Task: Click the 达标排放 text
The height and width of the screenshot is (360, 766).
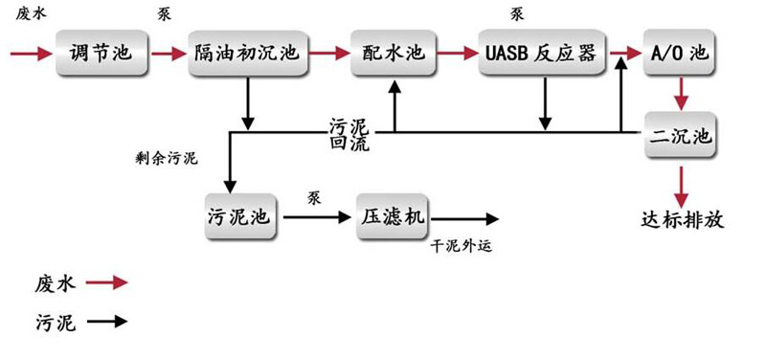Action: click(683, 219)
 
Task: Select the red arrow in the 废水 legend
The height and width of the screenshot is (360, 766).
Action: click(106, 282)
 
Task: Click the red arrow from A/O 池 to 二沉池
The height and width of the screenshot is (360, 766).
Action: click(681, 94)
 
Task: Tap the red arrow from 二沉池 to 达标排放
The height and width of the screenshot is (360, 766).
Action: click(681, 180)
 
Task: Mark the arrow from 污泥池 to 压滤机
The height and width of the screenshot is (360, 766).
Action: click(316, 217)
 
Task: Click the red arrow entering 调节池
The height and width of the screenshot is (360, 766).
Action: click(31, 53)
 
